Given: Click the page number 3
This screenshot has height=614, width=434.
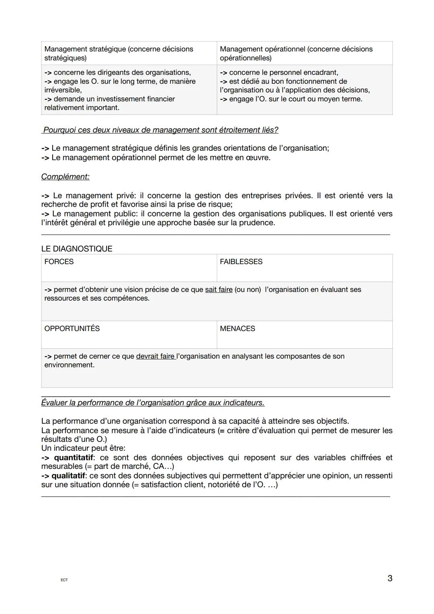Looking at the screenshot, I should tap(390, 578).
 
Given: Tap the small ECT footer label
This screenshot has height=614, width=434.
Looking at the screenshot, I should tap(64, 580).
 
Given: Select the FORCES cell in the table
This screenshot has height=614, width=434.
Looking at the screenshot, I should tap(59, 262).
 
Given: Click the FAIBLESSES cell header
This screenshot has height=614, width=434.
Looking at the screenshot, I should tap(241, 262).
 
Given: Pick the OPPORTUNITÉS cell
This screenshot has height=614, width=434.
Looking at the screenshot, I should tap(72, 329).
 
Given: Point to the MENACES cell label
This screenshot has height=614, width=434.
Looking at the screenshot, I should tap(237, 329).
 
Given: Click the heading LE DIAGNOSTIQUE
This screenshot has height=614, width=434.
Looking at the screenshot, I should tap(77, 248).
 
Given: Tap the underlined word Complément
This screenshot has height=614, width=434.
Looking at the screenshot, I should tap(65, 177).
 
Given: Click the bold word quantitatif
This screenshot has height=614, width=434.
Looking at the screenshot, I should tap(74, 458).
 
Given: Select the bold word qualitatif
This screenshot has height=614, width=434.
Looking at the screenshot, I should tap(68, 476).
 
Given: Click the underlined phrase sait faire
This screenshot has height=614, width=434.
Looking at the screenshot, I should tap(219, 290).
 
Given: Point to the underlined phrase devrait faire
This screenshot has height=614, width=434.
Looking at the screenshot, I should tap(155, 356).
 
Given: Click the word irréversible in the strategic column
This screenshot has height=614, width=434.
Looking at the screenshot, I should tap(62, 90).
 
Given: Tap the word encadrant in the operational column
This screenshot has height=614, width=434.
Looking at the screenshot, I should tap(321, 72).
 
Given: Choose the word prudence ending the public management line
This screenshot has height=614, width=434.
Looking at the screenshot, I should tap(256, 223).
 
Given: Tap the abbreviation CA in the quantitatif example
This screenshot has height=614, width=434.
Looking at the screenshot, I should tap(158, 466).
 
